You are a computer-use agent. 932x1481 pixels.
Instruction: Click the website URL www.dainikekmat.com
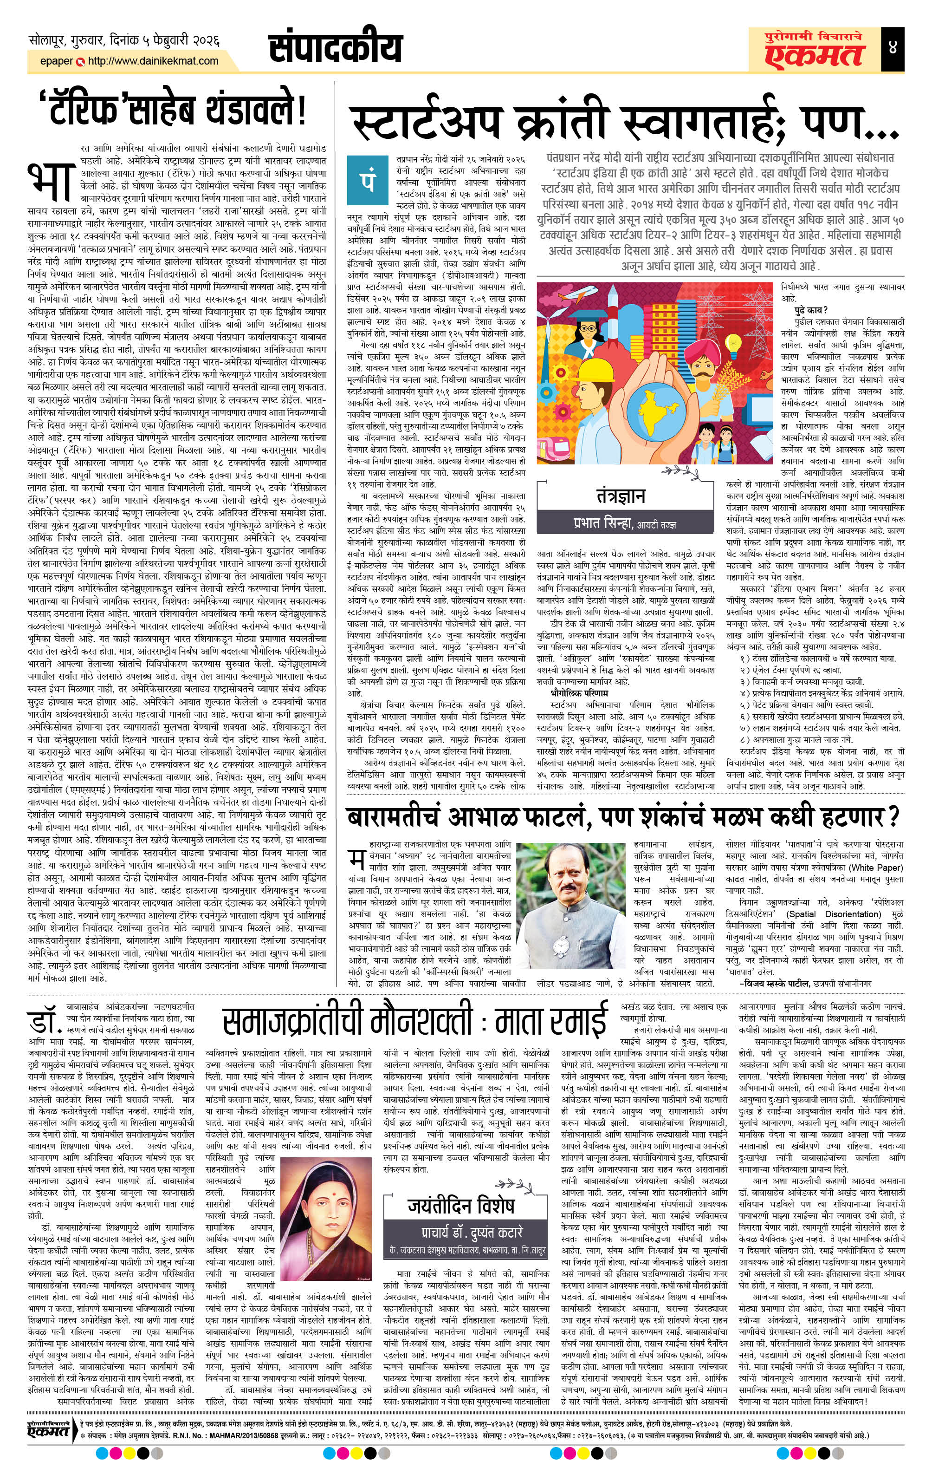tap(154, 61)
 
